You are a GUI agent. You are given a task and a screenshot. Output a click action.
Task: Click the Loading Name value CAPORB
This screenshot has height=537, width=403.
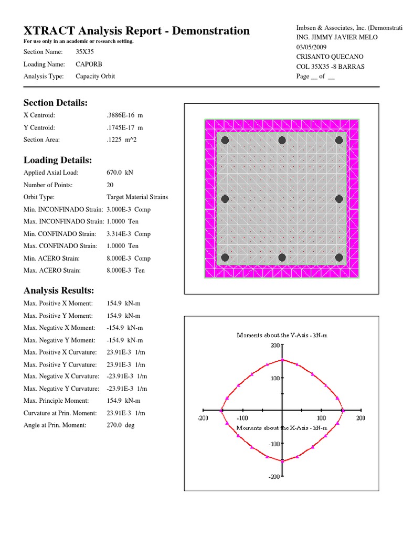89,64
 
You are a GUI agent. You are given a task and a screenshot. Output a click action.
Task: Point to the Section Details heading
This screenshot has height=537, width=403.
55,102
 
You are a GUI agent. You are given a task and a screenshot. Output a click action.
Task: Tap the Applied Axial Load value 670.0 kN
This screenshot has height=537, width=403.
121,173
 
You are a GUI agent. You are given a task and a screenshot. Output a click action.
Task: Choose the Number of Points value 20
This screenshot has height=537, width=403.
110,185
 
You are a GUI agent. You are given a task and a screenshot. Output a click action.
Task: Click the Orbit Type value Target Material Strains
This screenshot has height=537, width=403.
137,197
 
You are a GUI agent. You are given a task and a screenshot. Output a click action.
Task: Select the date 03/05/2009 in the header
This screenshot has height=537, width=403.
315,47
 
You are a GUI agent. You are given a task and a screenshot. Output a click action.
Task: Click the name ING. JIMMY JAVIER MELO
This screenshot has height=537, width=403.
337,37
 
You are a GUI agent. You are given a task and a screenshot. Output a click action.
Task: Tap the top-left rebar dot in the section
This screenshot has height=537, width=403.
225,140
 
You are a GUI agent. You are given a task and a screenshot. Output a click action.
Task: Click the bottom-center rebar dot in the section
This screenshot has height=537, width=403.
282,257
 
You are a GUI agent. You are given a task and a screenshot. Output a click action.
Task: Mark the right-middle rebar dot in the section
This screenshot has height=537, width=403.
339,199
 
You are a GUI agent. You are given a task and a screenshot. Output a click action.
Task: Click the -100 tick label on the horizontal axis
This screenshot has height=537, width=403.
242,418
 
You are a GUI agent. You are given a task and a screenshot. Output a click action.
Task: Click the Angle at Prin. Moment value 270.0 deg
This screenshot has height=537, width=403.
120,425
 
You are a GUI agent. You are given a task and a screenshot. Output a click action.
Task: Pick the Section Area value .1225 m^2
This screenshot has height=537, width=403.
124,139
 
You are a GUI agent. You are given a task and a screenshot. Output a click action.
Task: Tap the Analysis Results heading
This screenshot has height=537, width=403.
59,291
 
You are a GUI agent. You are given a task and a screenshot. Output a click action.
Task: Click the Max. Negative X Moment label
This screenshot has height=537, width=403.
57,328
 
